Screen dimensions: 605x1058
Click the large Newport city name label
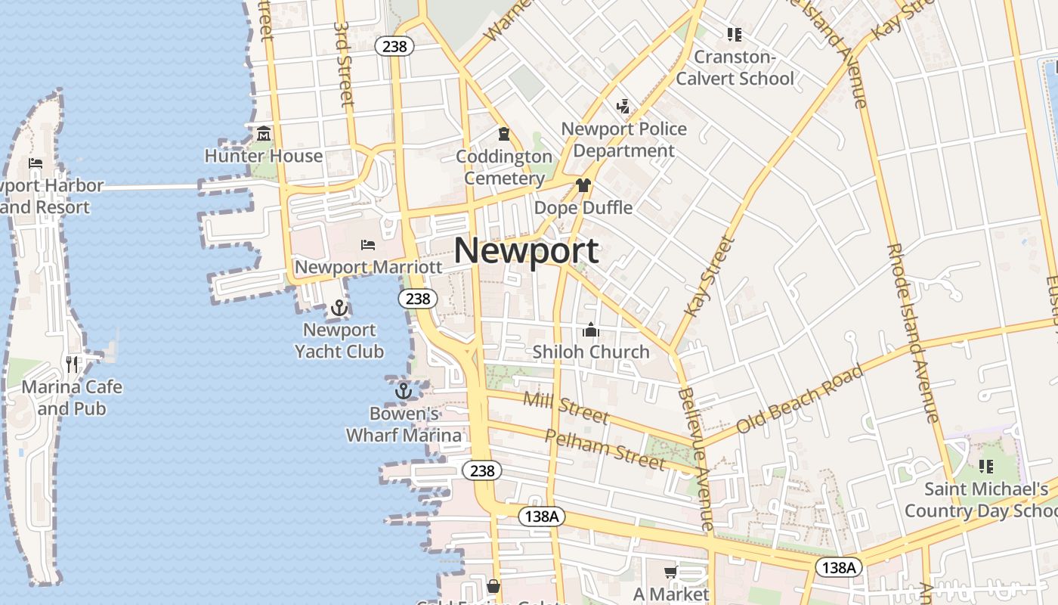pyautogui.click(x=527, y=251)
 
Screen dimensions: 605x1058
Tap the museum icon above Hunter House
pyautogui.click(x=264, y=134)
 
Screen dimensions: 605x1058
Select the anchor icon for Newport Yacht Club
pyautogui.click(x=339, y=308)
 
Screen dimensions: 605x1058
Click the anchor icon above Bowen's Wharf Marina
pyautogui.click(x=404, y=391)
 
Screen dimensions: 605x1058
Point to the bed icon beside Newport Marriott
pyautogui.click(x=368, y=244)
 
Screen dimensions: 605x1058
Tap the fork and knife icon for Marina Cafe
pyautogui.click(x=72, y=365)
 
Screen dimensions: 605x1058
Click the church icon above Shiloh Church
pyautogui.click(x=591, y=330)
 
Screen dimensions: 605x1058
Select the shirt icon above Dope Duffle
pyautogui.click(x=583, y=185)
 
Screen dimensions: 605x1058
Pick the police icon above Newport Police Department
pyautogui.click(x=623, y=106)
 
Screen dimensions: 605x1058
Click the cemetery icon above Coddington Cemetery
pyautogui.click(x=504, y=134)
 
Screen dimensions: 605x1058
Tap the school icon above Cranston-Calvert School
pyautogui.click(x=734, y=34)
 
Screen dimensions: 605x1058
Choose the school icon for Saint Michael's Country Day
pyautogui.click(x=986, y=467)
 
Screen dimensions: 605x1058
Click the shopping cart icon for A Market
pyautogui.click(x=670, y=572)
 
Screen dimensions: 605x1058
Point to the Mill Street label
pyautogui.click(x=565, y=408)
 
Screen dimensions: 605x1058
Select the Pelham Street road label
pyautogui.click(x=605, y=449)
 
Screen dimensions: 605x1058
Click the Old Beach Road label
pyautogui.click(x=800, y=399)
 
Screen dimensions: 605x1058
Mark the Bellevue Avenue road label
pyautogui.click(x=696, y=458)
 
